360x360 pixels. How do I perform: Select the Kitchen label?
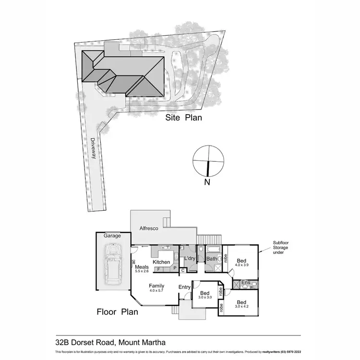(161, 262)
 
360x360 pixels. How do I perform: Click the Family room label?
(156, 286)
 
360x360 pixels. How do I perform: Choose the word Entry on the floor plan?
(184, 287)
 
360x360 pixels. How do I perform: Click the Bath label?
(212, 259)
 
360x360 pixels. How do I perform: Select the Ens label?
(246, 283)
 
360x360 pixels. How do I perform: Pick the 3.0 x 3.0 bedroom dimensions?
(204, 298)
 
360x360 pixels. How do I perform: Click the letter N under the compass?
(206, 182)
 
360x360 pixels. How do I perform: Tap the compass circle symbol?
(208, 161)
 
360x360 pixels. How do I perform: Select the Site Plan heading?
(184, 117)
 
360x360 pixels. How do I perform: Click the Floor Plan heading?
(118, 312)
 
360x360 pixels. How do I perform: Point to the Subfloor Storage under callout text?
(281, 248)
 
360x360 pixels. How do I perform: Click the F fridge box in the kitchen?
(158, 270)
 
